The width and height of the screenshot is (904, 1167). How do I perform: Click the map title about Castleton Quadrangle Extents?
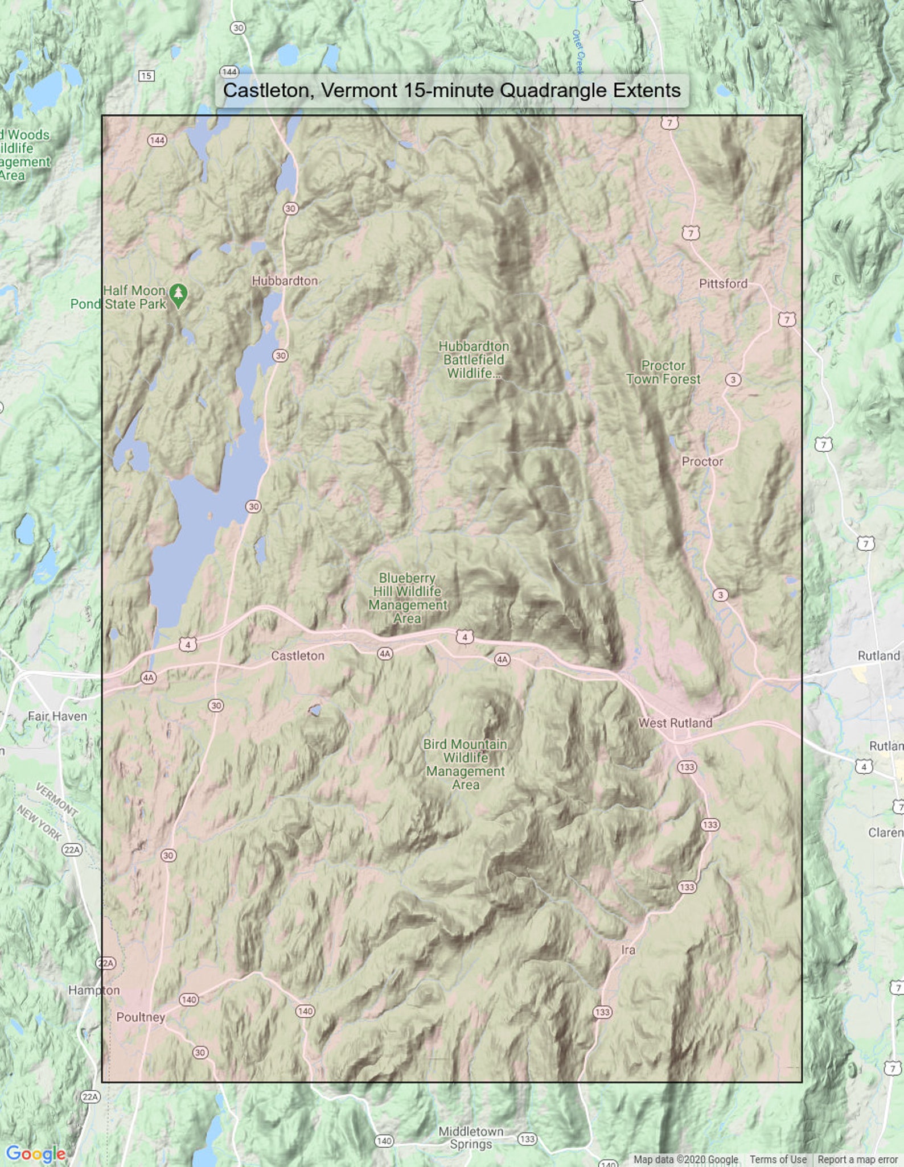coord(451,90)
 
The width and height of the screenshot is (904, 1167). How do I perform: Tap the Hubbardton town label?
coord(285,281)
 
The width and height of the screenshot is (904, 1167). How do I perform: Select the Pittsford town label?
coord(723,283)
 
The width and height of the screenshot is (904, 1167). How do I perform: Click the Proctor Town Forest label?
coord(663,372)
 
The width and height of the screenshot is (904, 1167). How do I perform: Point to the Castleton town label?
coord(297,655)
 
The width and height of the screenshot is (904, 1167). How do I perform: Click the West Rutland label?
coord(675,723)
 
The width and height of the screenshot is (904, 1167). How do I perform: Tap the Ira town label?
coord(628,950)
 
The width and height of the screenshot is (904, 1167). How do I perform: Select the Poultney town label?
coord(141,1017)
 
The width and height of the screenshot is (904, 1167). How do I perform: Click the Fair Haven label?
coord(57,716)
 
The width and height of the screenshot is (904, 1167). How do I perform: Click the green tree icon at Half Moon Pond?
coord(179,294)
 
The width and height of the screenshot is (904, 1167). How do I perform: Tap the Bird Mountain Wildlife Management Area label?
coord(465,764)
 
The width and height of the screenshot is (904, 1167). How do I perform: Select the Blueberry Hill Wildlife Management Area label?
coord(408,598)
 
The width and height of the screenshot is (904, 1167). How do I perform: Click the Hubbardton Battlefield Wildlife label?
coord(474,360)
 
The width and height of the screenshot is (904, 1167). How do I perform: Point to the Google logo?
coord(35,1154)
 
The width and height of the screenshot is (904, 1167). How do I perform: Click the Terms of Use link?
coord(778,1159)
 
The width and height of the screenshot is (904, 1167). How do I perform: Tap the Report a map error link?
coord(857,1159)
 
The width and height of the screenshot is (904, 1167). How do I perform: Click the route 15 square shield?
coord(146,76)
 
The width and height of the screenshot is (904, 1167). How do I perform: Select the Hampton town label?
coord(94,990)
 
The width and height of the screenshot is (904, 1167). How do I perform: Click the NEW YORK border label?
coord(39,823)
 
